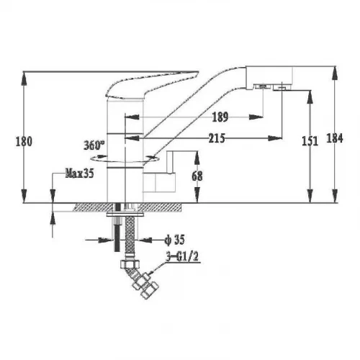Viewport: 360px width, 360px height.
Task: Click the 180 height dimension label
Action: point(24,141)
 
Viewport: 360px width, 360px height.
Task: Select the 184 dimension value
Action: point(335,138)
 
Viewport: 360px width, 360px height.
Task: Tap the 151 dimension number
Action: point(310,141)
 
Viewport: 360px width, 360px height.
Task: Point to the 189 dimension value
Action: point(220,117)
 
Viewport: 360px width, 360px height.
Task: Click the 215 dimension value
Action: point(217,138)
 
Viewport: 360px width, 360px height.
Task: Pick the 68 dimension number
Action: point(197,176)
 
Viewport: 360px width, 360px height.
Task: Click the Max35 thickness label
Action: point(79,173)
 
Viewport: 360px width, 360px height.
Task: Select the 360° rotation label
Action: point(94,145)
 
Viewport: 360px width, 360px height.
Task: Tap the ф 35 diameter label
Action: point(174,240)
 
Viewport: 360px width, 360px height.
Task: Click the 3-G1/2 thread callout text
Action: point(182,257)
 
